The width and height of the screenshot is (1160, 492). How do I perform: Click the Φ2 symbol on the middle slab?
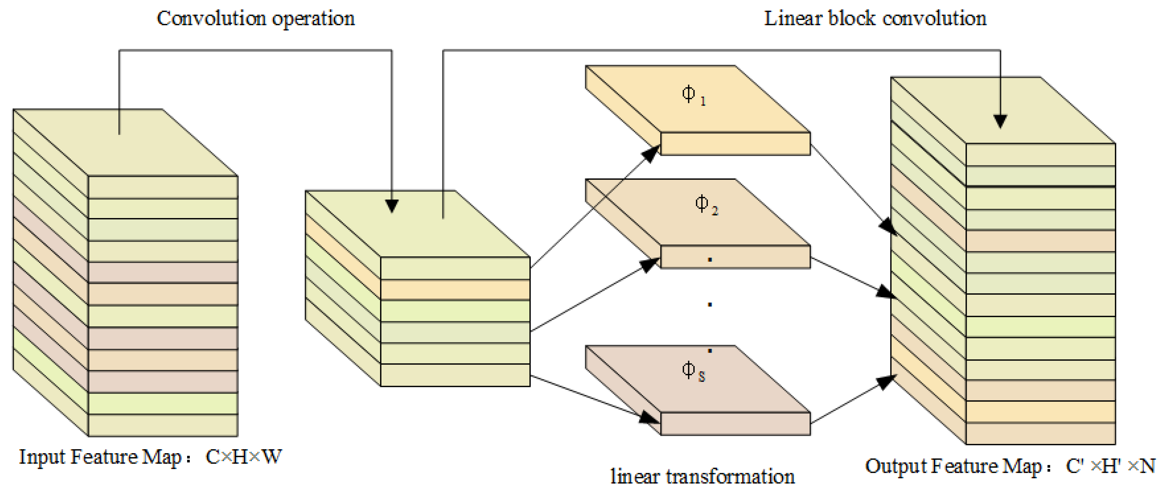pyautogui.click(x=706, y=205)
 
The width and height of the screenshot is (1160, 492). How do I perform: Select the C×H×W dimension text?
pyautogui.click(x=243, y=457)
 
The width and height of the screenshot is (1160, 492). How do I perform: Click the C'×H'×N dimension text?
pyautogui.click(x=1110, y=466)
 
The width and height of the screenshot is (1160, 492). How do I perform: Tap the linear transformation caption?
pyautogui.click(x=703, y=477)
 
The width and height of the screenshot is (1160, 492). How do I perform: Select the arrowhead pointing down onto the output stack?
pyautogui.click(x=1000, y=122)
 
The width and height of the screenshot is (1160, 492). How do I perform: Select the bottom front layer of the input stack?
pyautogui.click(x=163, y=425)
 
